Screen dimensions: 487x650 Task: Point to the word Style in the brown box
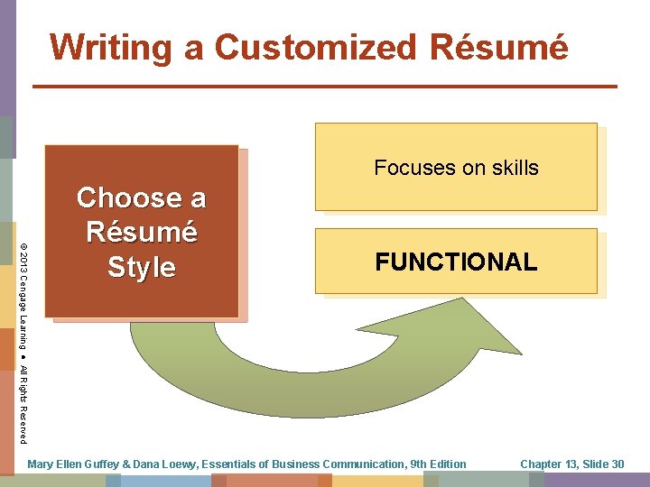click(x=142, y=267)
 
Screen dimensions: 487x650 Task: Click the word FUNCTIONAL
click(x=456, y=262)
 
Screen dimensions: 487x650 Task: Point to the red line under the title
click(x=325, y=87)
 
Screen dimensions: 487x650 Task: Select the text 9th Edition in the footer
click(x=438, y=464)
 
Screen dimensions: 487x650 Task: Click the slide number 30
click(x=617, y=464)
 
